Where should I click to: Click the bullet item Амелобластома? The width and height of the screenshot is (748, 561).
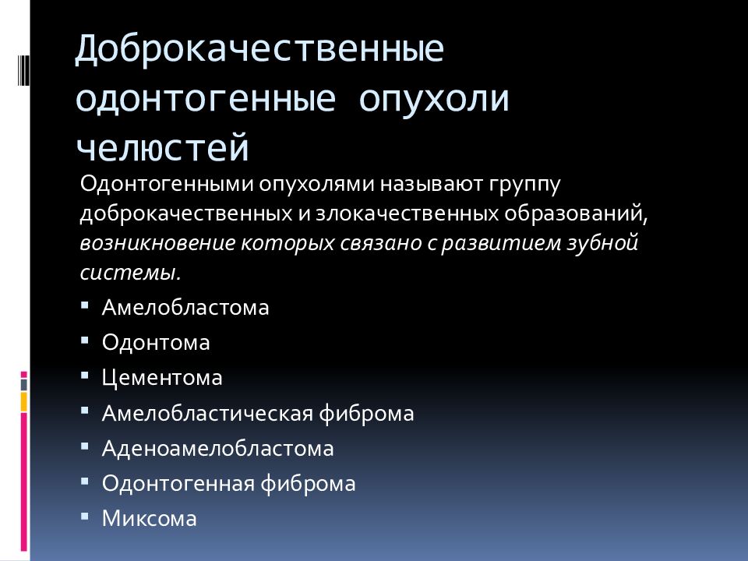[185, 307]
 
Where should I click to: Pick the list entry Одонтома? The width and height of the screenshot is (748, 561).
[156, 342]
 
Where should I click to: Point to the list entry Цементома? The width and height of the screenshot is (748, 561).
[162, 378]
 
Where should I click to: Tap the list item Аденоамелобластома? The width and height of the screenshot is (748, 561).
[217, 449]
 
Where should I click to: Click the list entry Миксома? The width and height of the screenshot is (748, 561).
[150, 519]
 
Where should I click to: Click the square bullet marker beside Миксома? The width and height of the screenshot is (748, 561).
[84, 516]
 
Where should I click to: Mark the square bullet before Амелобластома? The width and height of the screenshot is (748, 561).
[84, 304]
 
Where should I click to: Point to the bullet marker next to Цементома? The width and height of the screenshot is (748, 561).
[84, 375]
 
